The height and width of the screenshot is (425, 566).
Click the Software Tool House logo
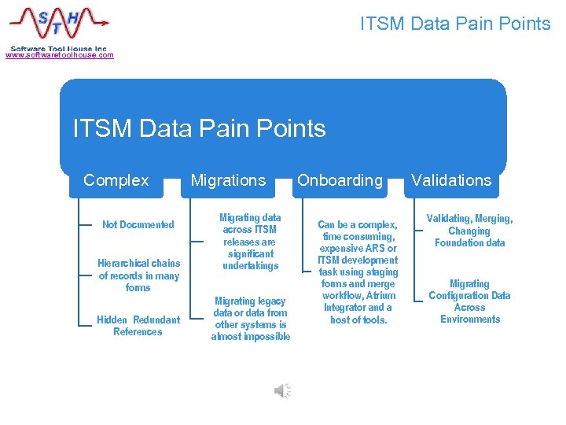[x=59, y=25]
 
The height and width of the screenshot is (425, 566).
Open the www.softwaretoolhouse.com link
[x=60, y=55]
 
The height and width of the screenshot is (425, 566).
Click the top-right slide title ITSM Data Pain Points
[x=455, y=24]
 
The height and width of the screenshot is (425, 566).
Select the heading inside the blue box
[x=199, y=128]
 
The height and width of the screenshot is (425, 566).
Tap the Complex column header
[x=116, y=180]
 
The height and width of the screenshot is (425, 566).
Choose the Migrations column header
[x=228, y=180]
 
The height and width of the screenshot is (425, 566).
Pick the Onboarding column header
[x=340, y=180]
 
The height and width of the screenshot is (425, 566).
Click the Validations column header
[x=451, y=180]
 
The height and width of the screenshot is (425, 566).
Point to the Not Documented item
[x=138, y=225]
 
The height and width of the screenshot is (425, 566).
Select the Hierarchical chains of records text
[x=138, y=275]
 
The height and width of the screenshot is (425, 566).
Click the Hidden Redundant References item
[x=138, y=326]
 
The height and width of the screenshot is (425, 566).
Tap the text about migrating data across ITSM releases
[x=250, y=242]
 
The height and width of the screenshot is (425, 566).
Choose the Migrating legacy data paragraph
[x=250, y=319]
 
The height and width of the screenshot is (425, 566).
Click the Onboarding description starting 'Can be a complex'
[x=358, y=272]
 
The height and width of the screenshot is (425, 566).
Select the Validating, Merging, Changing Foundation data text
[x=469, y=231]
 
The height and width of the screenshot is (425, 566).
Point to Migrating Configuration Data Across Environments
[x=469, y=301]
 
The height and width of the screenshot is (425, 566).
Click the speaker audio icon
[x=282, y=391]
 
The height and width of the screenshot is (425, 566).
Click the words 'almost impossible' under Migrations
[x=250, y=337]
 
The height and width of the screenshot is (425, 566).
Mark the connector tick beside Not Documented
[x=86, y=225]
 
